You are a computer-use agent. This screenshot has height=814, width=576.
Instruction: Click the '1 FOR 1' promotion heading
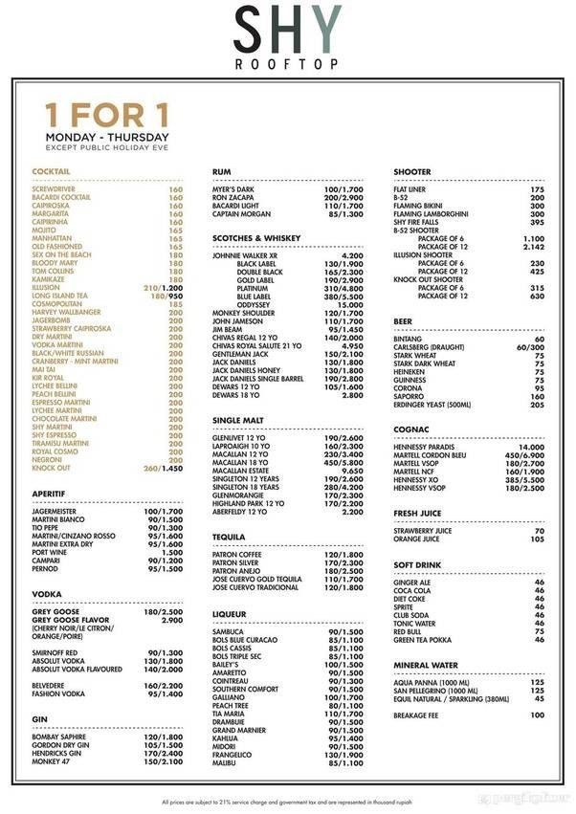pos(106,116)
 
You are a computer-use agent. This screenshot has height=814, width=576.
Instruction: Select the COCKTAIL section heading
pos(51,171)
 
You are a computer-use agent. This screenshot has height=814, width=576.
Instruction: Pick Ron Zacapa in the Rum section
pos(234,197)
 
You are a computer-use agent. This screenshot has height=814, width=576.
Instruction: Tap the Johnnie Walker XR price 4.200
pos(351,255)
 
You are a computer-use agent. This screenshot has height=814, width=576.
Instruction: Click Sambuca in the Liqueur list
pos(230,631)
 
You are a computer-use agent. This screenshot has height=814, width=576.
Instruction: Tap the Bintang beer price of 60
pos(540,339)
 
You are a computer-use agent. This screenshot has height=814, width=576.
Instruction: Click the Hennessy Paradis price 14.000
pos(531,447)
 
